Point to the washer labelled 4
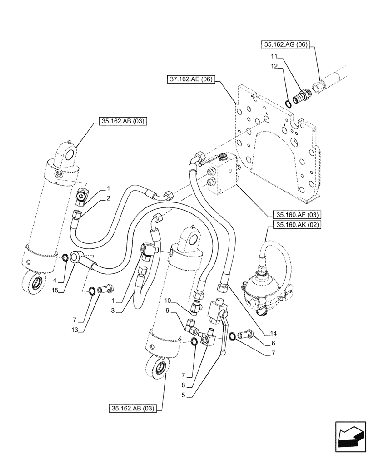(66, 258)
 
